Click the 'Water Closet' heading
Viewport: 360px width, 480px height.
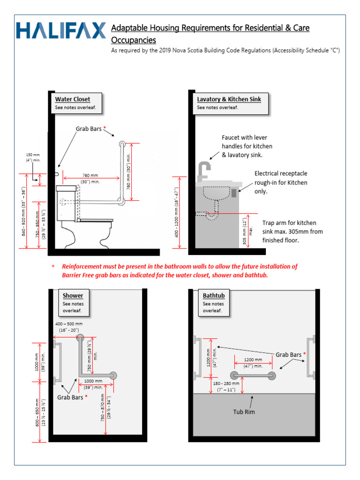pos(72,99)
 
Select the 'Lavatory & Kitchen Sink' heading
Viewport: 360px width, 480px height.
pos(229,99)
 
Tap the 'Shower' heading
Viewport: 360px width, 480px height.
pos(73,295)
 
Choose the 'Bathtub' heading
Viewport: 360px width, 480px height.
pos(214,295)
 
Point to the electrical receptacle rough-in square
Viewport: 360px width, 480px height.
pos(234,192)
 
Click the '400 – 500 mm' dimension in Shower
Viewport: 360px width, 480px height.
pos(69,324)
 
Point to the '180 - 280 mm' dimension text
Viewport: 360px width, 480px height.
pos(226,383)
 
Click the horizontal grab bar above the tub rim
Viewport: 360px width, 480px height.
pos(253,375)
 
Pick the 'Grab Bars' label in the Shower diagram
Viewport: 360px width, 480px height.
pos(70,397)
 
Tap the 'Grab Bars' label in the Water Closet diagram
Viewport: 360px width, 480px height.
pos(89,128)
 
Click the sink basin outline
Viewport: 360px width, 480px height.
pos(216,193)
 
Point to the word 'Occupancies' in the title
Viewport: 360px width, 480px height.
pos(133,40)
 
